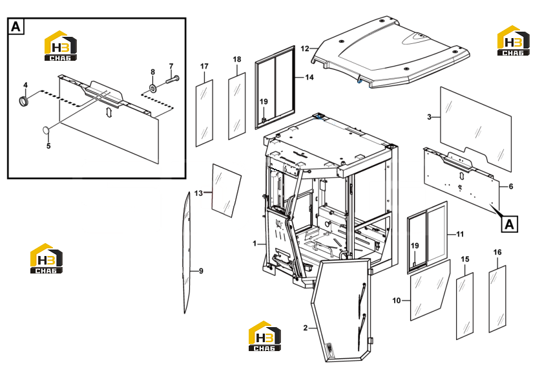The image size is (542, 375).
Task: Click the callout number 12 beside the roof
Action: (x=304, y=48)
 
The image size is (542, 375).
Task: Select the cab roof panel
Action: (x=390, y=51)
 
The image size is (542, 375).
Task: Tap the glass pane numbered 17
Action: (x=204, y=113)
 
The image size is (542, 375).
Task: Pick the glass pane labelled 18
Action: (x=237, y=106)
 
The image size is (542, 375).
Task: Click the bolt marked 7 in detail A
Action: (x=172, y=80)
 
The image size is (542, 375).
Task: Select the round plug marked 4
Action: (x=23, y=101)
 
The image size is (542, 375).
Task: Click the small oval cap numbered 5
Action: (x=46, y=130)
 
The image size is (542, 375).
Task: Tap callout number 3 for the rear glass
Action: (x=430, y=117)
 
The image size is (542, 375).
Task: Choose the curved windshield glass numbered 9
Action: (x=187, y=253)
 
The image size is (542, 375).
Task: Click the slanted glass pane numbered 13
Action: (x=226, y=190)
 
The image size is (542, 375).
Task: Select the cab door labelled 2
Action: (x=342, y=310)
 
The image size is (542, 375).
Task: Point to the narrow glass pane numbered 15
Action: (x=465, y=306)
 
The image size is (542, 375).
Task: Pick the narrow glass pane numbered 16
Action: (x=497, y=299)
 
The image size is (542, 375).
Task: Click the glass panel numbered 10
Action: (x=430, y=290)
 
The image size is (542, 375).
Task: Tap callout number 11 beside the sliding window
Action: (x=460, y=235)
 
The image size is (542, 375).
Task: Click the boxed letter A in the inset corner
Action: (x=16, y=27)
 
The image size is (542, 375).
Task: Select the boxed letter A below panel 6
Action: (x=510, y=224)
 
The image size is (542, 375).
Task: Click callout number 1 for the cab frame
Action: (x=255, y=244)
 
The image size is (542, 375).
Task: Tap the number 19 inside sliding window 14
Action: (x=264, y=102)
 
